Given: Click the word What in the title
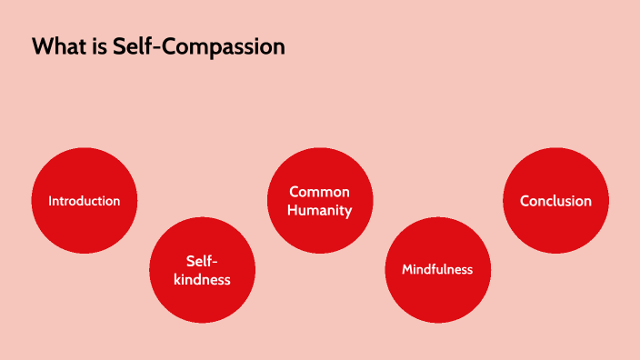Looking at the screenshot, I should coord(57,46).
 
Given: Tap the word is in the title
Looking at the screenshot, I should coord(97,46).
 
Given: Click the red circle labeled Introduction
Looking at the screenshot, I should coord(85,201).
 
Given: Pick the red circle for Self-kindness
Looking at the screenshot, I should coord(202,270).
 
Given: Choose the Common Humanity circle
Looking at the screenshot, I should coord(320,201).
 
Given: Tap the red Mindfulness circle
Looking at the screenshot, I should coord(438,270).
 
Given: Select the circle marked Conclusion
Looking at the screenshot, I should coord(555,201).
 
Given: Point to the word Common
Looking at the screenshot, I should coord(320,192).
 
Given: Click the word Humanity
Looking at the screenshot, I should coord(320,210).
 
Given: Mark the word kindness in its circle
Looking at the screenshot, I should coord(202,279).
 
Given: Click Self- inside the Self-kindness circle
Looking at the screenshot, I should coord(202,260).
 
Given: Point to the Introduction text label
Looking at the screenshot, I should coord(85,201).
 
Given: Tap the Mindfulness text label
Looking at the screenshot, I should coord(438,270).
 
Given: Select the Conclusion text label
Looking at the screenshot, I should coord(555,201).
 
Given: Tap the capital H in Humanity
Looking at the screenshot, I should coord(293,210).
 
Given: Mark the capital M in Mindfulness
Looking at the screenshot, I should coord(408,270).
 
